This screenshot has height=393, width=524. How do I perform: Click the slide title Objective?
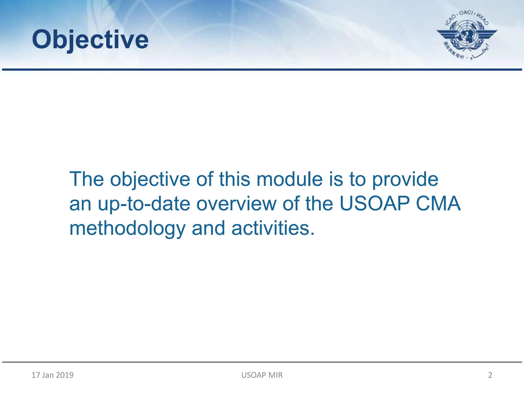coord(90,40)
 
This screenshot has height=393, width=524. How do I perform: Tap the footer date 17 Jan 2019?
coord(52,375)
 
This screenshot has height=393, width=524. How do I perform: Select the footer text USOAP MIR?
coord(262,375)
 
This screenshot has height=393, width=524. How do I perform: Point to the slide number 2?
coord(490,375)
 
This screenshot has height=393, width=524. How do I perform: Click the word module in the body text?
coord(289,179)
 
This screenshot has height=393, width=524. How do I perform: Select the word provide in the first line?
coord(405,179)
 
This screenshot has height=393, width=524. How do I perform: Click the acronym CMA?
coord(438,204)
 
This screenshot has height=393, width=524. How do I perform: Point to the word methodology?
coord(127,228)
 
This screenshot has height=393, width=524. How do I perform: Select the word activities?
coord(273,228)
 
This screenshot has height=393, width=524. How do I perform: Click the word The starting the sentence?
coord(87,179)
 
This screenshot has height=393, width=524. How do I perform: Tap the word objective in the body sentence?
coord(150,179)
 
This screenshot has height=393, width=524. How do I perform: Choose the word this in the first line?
coord(234,179)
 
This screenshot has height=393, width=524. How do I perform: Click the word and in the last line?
coord(208,228)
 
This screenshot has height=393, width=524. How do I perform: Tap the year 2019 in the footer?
coord(64,375)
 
